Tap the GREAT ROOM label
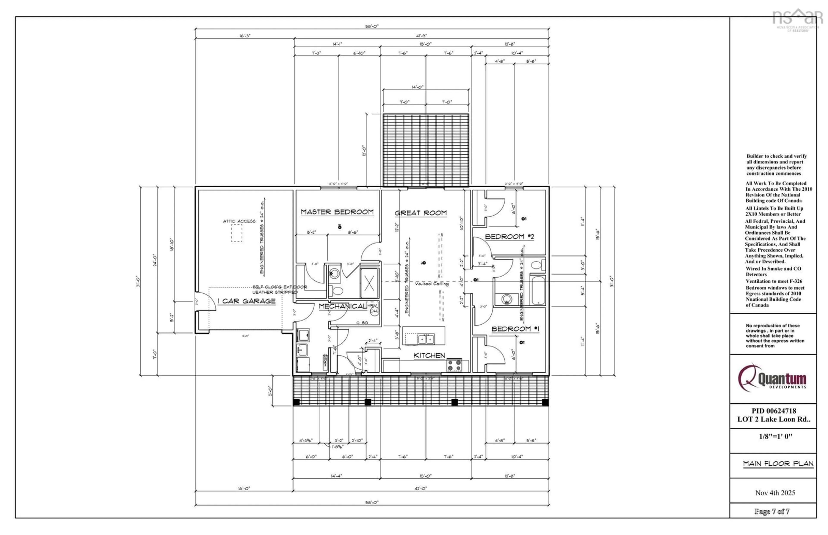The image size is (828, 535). click(420, 213)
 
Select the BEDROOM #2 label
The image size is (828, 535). click(509, 236)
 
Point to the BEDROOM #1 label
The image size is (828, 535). click(515, 329)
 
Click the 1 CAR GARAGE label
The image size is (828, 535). click(246, 301)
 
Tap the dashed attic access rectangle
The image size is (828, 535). click(237, 233)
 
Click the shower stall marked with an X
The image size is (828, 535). click(369, 282)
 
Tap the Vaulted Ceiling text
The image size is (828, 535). click(431, 284)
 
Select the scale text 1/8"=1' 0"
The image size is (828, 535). click(775, 436)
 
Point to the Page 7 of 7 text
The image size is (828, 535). click(772, 511)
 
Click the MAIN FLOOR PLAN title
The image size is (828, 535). click(778, 463)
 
